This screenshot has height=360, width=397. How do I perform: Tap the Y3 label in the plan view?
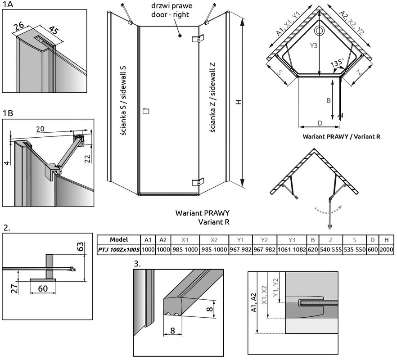pos(314,45)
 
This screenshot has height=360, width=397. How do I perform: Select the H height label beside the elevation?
pos(239,102)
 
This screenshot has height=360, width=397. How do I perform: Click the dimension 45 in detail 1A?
pos(53,31)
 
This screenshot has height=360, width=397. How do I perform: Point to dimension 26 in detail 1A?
pos(19,27)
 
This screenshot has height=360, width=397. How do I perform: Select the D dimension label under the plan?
pos(319,122)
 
